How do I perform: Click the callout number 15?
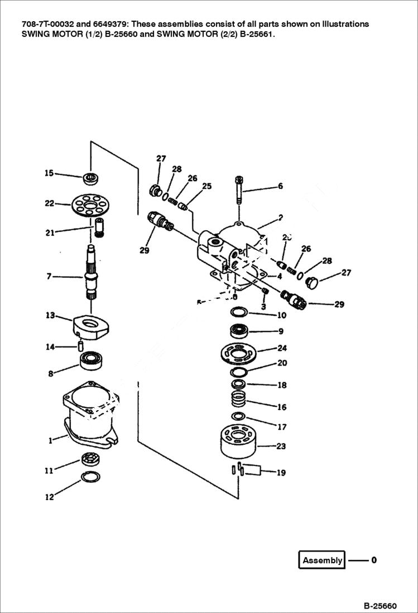(x=49, y=173)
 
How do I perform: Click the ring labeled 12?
(x=90, y=477)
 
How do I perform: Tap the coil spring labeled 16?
(x=239, y=400)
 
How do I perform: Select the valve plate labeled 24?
(x=238, y=354)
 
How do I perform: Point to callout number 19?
(x=281, y=473)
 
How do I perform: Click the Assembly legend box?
(x=323, y=560)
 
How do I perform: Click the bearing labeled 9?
(x=239, y=330)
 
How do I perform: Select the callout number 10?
(x=282, y=315)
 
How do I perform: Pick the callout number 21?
(x=50, y=232)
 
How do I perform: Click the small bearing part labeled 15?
(x=90, y=178)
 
